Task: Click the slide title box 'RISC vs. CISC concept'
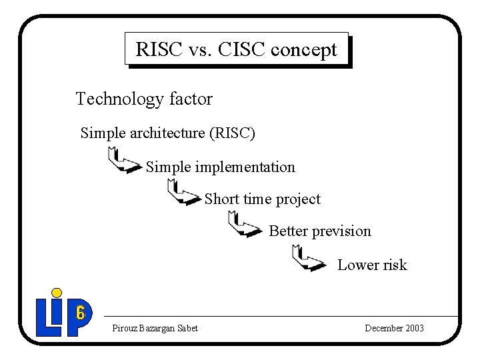[237, 49]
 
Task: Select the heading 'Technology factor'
[144, 99]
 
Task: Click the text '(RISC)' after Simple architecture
[232, 133]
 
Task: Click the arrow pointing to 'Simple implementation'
[123, 161]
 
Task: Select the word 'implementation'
[245, 167]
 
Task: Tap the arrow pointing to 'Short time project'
[183, 193]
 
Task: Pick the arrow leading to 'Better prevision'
[244, 225]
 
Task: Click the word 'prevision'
[341, 231]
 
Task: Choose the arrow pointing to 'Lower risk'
[309, 258]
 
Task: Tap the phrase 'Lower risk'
[372, 265]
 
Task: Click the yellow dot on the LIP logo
[57, 293]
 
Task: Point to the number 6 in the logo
[81, 312]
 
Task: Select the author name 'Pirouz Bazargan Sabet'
[155, 328]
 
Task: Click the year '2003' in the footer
[412, 328]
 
